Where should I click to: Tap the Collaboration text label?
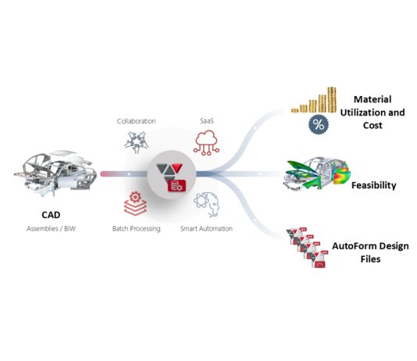tap(136, 121)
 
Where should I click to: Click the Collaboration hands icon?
tap(136, 142)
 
